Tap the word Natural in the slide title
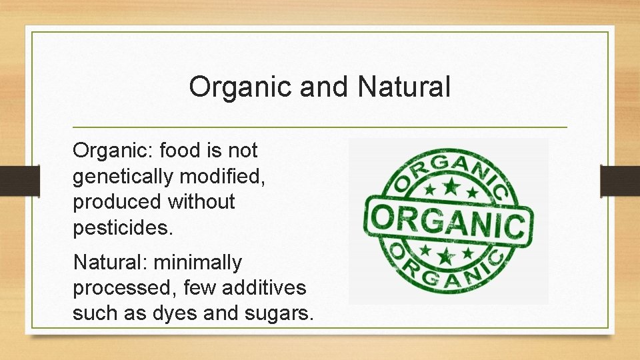coord(404,87)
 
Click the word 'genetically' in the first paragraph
coord(125,177)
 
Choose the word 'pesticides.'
coord(123,227)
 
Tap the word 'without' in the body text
coord(202,202)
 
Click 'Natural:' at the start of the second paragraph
coord(111,263)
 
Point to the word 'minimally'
coord(198,263)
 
